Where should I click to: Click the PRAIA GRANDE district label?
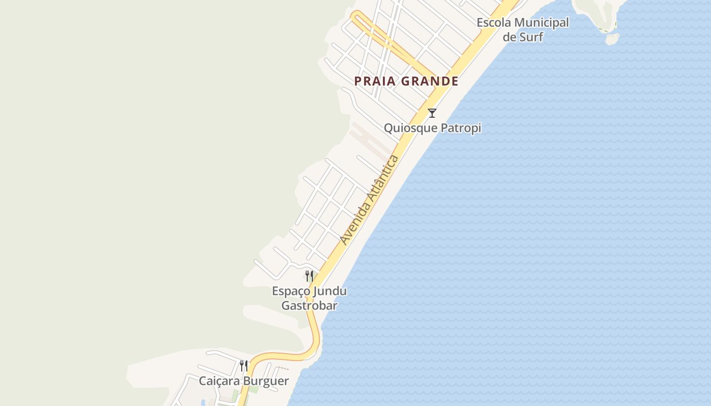(x=406, y=81)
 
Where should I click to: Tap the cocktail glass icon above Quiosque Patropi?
(x=432, y=113)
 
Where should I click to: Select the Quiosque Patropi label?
(x=432, y=128)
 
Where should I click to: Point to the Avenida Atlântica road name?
(x=370, y=200)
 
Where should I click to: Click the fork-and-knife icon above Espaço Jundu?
(x=309, y=276)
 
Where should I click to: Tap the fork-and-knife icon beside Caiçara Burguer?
(x=244, y=366)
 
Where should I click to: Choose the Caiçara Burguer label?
(x=244, y=381)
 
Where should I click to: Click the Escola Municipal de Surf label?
(x=523, y=29)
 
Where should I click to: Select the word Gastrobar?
(x=309, y=306)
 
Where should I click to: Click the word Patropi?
(x=461, y=128)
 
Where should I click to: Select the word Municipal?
(x=541, y=23)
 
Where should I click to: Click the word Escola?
(x=494, y=23)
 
